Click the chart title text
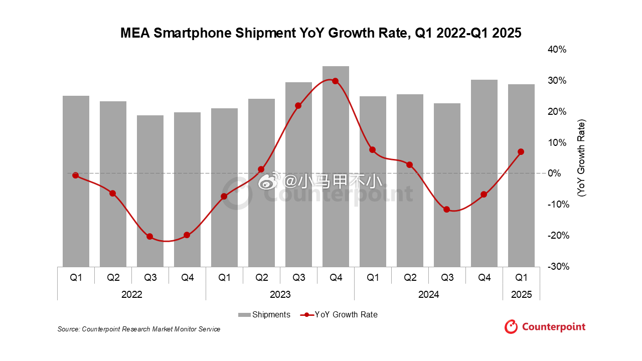pos(321,33)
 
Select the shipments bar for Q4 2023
pos(336,166)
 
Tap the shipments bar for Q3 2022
pos(150,191)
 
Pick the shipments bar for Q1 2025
pos(521,175)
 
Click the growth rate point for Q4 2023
pos(336,81)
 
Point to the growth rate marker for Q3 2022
pos(150,237)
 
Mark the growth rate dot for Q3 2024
pos(447,209)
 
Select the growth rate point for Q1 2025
pos(521,151)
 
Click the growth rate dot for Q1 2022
pos(76,175)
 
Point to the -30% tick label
pos(558,266)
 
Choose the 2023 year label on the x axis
pos(280,295)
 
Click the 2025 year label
pos(521,295)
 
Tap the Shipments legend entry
pos(264,315)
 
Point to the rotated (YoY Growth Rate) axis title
pos(581,158)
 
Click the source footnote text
pos(139,329)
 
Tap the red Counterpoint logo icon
pos(511,327)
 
